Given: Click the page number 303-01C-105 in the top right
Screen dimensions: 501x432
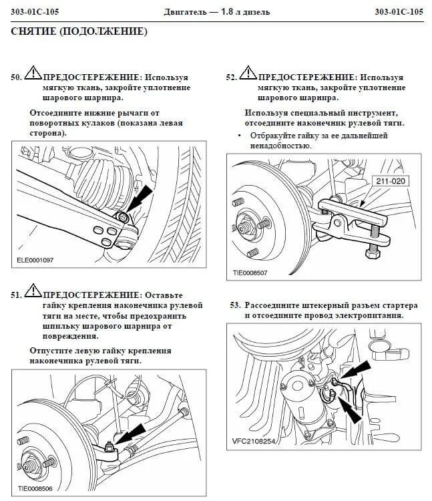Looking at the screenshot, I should pos(399,12).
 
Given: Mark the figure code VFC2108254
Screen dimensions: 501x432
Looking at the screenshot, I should pos(254,442).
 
